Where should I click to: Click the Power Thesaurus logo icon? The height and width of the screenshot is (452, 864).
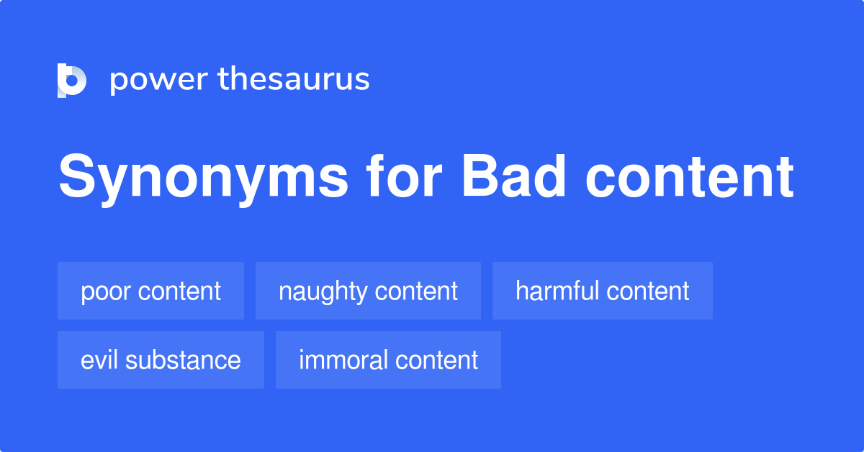tap(71, 80)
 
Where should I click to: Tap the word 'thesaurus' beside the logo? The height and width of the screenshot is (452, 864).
tap(294, 80)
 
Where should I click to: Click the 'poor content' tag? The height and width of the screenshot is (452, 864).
tap(150, 291)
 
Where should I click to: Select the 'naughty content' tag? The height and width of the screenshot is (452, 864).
tap(368, 291)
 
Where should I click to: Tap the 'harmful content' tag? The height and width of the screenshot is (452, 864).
tap(602, 291)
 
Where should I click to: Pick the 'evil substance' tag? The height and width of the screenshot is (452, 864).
tap(161, 360)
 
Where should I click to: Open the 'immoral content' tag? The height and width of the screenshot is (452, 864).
tap(388, 360)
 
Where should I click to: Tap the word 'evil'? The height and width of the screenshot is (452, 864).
tap(99, 360)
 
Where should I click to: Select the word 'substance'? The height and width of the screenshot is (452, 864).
tap(183, 360)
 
